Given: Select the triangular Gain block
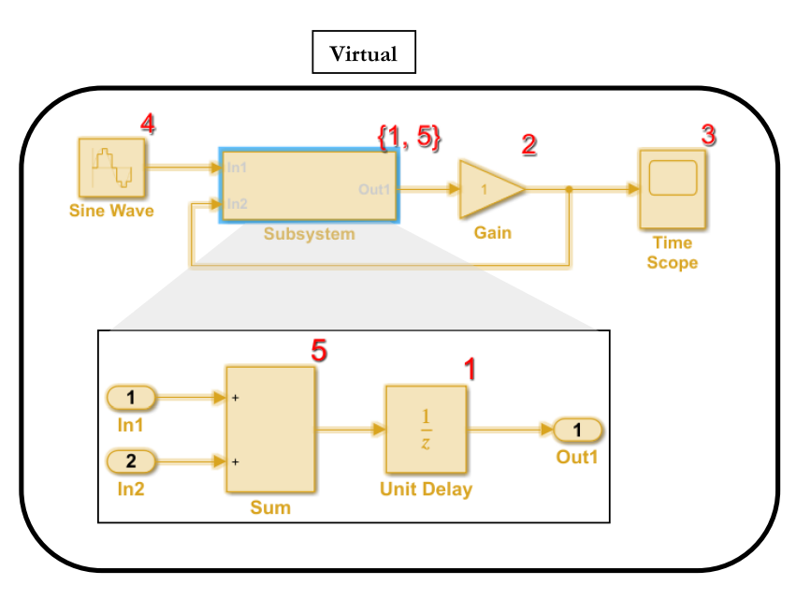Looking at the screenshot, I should pos(488,189).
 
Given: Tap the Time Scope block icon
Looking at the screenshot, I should pos(673,188).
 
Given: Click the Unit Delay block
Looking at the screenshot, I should pos(426,430).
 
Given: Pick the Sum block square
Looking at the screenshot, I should pos(270,430).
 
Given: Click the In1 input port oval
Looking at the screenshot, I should pos(132,398).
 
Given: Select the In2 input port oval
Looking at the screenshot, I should pos(132,461).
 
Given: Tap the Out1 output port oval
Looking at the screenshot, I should pos(578,430).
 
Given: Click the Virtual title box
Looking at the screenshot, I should pos(363,53).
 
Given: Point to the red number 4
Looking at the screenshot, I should pos(147,123).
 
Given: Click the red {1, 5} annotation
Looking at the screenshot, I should pos(409,137).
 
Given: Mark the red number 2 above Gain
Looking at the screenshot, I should pos(529,145).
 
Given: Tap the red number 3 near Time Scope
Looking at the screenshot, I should pos(709,135).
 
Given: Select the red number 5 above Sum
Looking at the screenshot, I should pos(319,350).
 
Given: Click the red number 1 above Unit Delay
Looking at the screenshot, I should pos(470,369).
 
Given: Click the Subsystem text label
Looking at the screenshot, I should pos(309,234).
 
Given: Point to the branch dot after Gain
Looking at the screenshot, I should pos(569,189).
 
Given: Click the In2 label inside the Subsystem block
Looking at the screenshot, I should pos(237,203).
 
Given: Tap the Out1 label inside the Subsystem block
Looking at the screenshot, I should pos(374,189).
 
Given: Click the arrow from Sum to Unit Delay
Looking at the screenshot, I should pos(351,430).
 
